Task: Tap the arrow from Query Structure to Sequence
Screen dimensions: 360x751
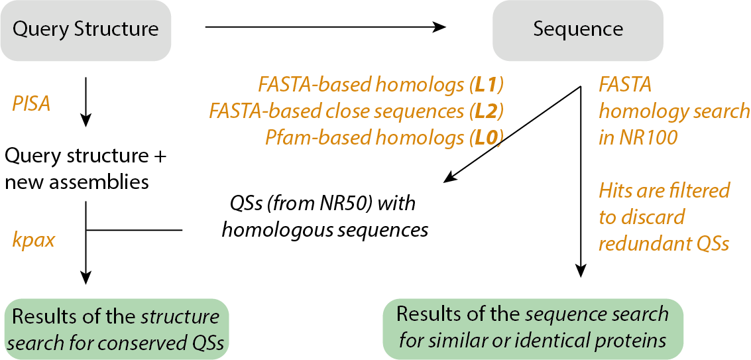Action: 325,27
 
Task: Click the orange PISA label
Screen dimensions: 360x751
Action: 31,104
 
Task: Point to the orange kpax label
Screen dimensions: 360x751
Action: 33,239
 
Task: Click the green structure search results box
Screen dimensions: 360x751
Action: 117,329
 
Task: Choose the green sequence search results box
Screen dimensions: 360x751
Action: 533,328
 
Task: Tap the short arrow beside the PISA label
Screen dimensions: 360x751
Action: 86,102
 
